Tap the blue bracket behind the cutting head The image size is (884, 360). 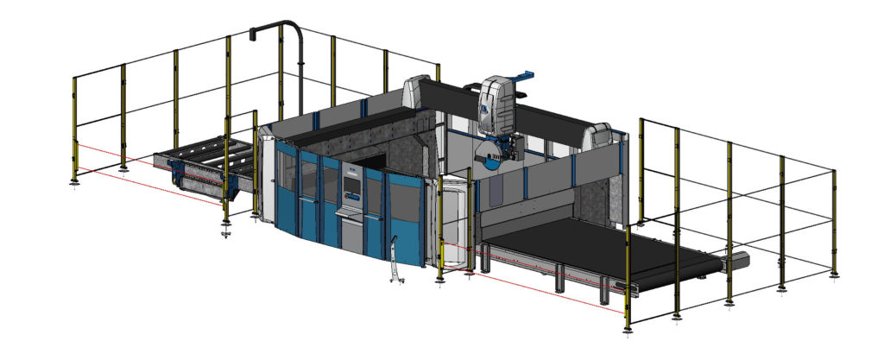(x=525, y=79)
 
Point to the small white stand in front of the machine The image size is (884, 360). (x=395, y=261)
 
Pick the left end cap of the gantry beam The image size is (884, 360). (x=418, y=92)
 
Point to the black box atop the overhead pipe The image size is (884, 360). (x=254, y=34)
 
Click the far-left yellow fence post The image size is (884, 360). (x=75, y=129)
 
